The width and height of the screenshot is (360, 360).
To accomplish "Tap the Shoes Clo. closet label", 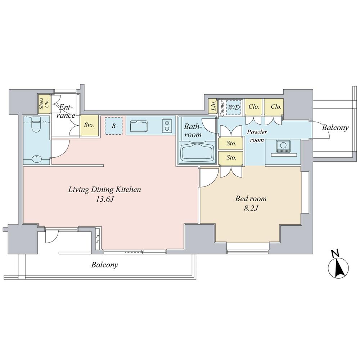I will tap(42, 104).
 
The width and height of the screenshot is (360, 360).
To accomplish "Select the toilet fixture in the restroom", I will tap(36, 125).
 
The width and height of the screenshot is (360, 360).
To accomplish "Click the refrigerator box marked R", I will tap(113, 126).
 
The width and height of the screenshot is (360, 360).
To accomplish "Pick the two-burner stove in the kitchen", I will tap(167, 126).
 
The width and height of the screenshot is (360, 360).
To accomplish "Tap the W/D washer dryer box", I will tap(234, 107).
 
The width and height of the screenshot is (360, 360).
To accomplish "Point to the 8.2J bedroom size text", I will tap(251, 208).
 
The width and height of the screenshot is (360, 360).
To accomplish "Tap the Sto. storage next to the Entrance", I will tap(89, 126).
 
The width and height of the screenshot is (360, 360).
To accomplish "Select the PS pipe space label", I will tap(97, 239).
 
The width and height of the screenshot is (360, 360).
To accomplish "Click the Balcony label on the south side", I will tap(104, 265).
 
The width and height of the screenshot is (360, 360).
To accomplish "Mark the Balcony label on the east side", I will tap(335, 127).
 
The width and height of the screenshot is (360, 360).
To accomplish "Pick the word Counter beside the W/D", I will tap(222, 108).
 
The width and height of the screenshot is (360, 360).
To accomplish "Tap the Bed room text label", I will tap(251, 198).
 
